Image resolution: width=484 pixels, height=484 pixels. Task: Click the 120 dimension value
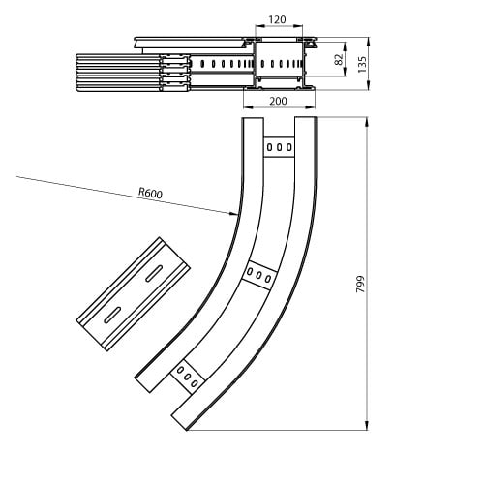point(277,20)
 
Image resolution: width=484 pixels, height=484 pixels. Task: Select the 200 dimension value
point(278,102)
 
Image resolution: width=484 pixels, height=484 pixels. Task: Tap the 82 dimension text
point(339,59)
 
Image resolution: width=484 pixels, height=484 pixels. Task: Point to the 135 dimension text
point(362,64)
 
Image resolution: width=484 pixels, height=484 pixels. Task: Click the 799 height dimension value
point(360,285)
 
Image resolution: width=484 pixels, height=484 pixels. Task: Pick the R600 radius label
point(150,193)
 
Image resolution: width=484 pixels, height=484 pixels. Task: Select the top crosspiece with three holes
point(279,147)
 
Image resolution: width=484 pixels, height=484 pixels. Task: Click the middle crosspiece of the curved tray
point(259,275)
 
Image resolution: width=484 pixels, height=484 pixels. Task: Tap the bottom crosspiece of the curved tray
point(188,377)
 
